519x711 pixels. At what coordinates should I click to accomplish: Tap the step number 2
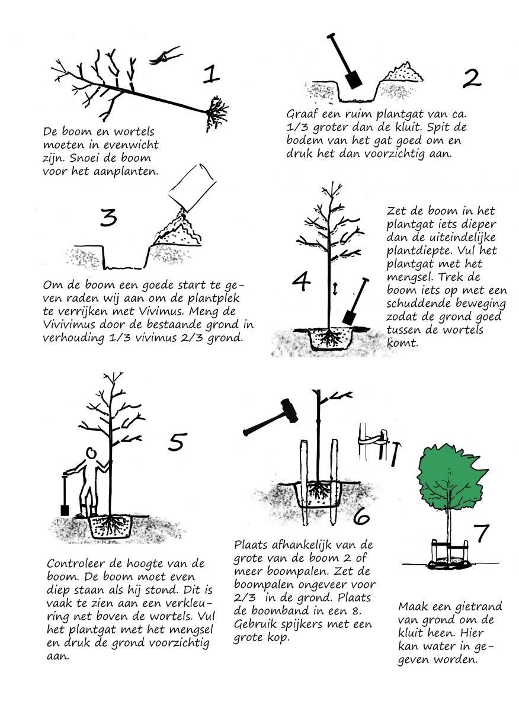472,78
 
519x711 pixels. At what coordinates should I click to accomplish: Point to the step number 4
301,282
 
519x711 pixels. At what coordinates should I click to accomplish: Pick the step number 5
178,441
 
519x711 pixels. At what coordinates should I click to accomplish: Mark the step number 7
480,533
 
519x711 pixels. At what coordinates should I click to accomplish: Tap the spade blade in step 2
354,79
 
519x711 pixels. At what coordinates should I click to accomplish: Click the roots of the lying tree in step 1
217,113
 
